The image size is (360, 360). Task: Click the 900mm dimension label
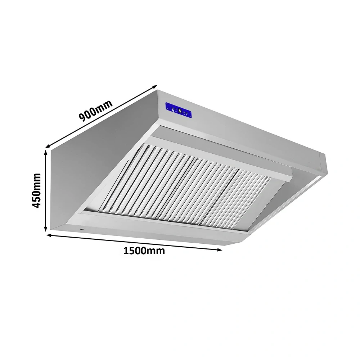(x=95, y=111)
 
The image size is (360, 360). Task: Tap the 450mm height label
(x=36, y=190)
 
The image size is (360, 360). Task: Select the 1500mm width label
(x=144, y=251)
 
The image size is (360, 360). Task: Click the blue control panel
(x=178, y=111)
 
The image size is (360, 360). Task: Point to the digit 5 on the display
(x=180, y=111)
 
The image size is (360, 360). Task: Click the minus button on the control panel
(x=176, y=111)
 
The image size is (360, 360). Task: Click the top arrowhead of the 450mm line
(x=46, y=152)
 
